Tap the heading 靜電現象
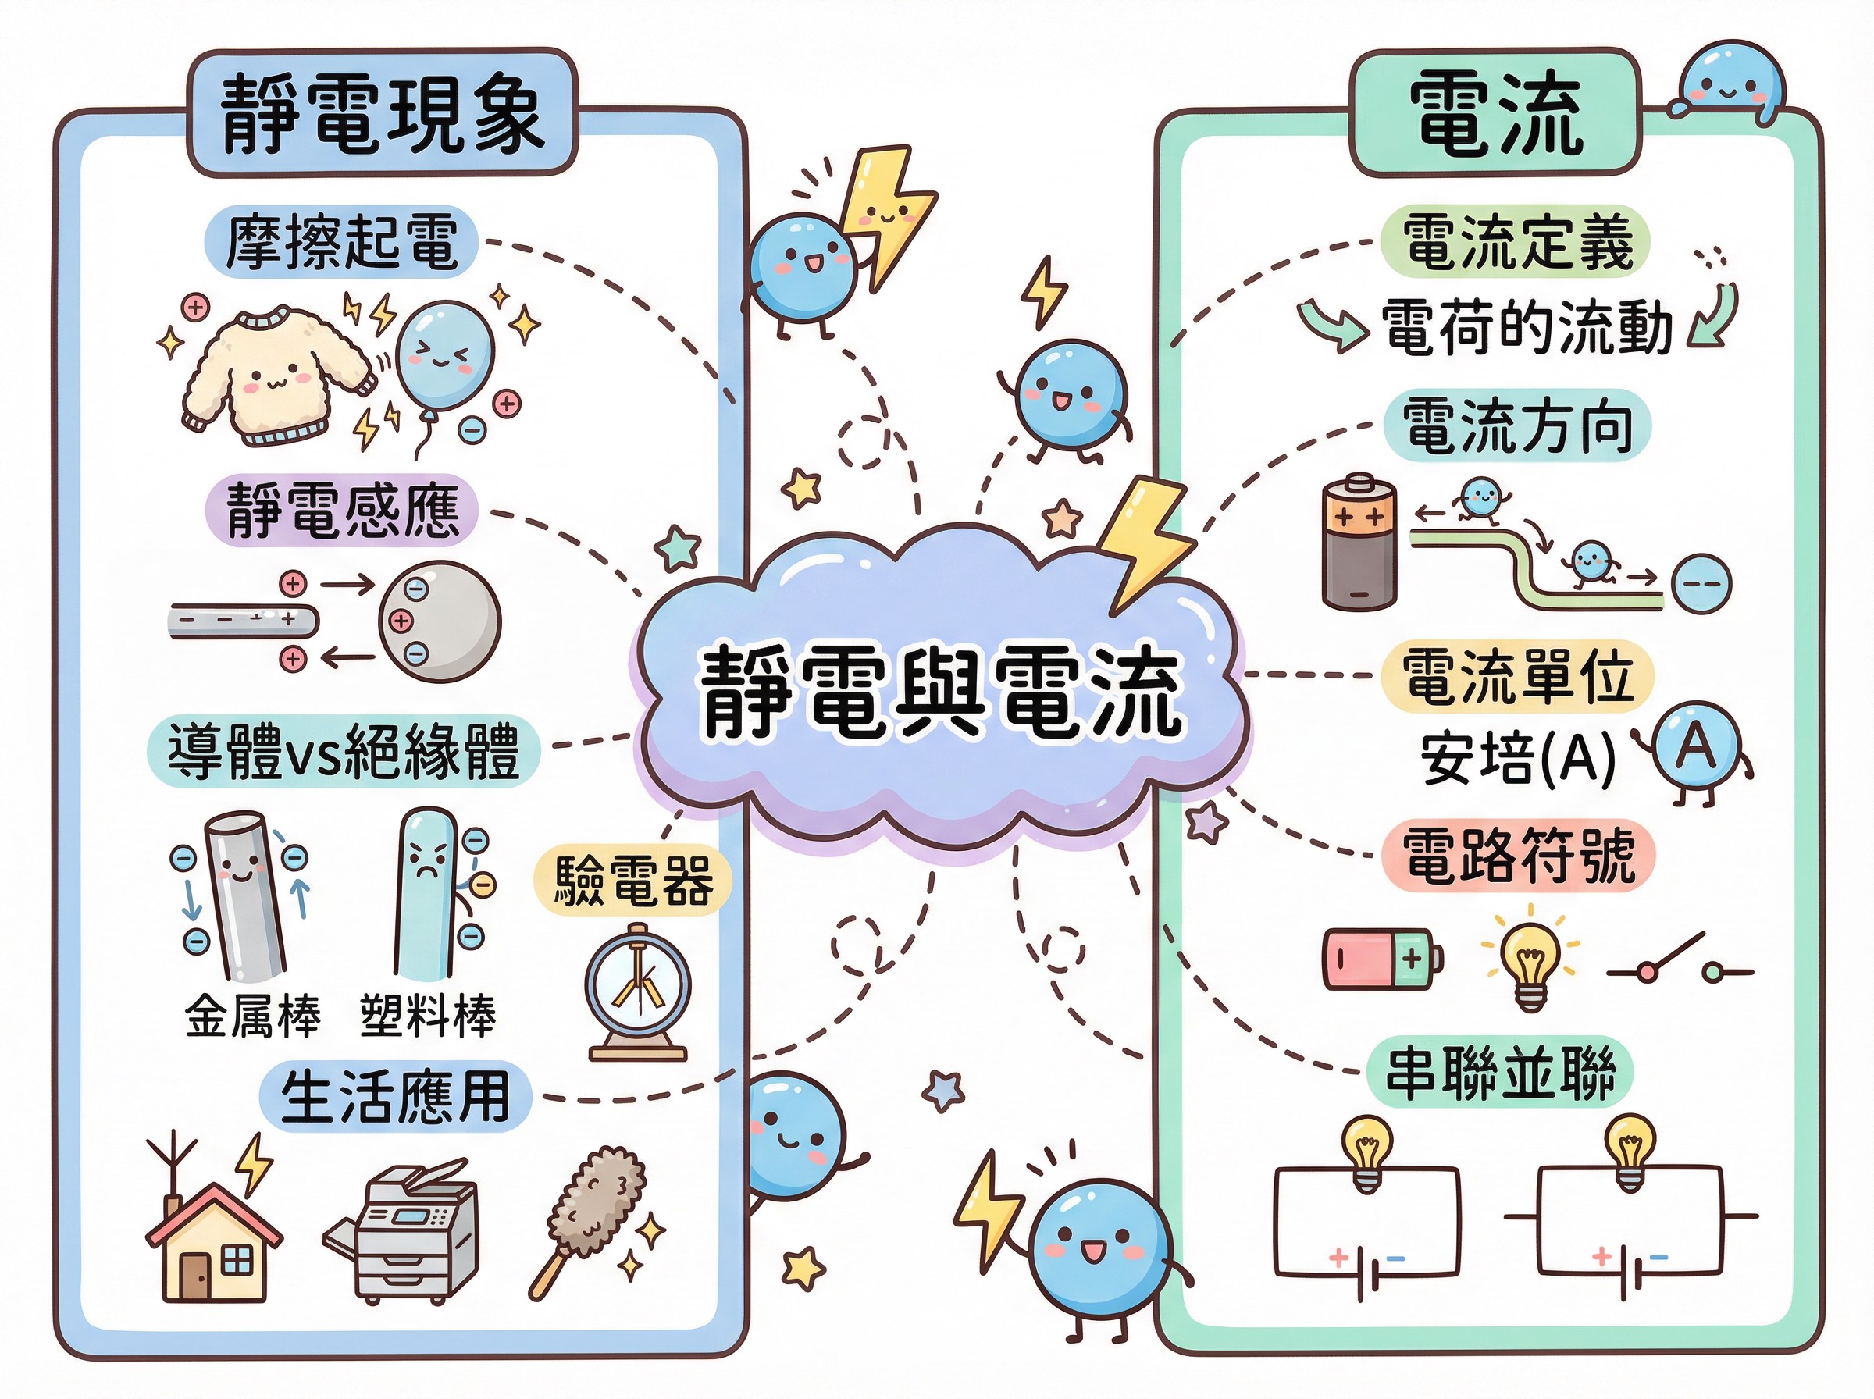[x=383, y=113]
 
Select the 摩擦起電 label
[x=341, y=242]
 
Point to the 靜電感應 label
[x=342, y=511]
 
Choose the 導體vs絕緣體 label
[x=343, y=752]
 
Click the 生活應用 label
[x=394, y=1097]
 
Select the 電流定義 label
[x=1516, y=242]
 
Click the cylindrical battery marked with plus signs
[x=1359, y=542]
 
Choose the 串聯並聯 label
[x=1500, y=1072]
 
